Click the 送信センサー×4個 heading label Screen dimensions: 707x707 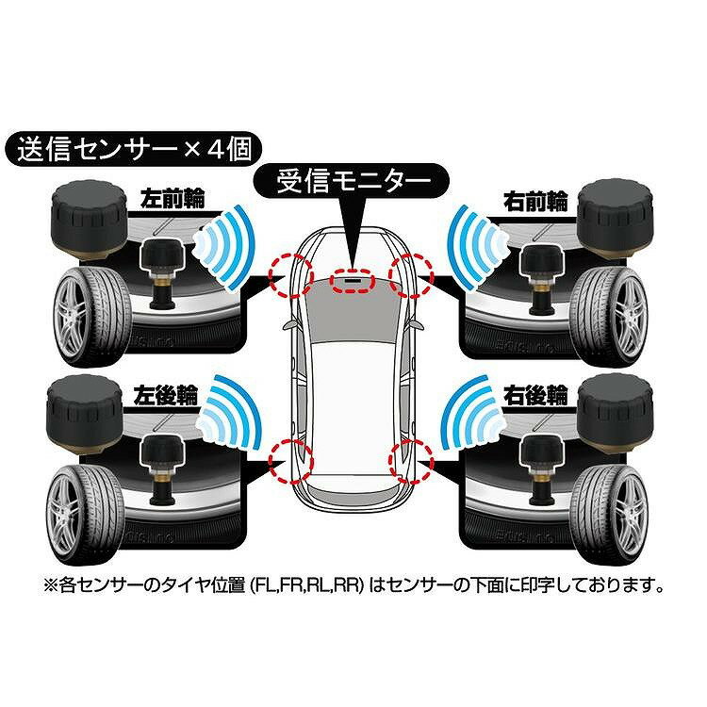tap(128, 149)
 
